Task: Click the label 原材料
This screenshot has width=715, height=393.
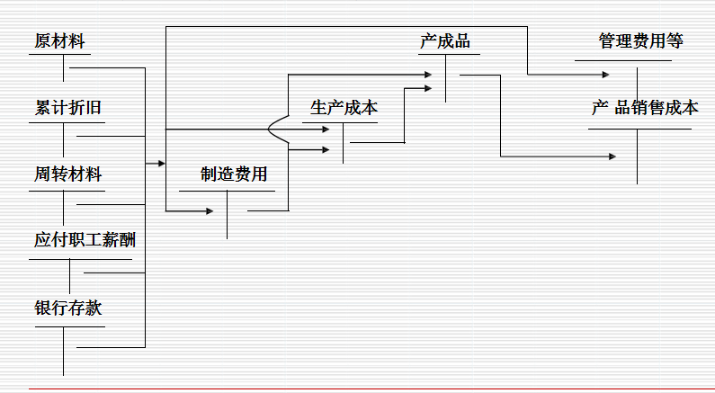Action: point(61,41)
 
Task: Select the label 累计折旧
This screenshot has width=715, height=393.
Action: point(67,109)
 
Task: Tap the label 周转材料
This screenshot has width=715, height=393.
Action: point(67,174)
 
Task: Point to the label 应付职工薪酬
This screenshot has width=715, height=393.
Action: point(85,240)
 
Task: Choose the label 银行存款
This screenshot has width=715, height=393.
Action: point(67,308)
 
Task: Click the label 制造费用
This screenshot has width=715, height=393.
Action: point(234,174)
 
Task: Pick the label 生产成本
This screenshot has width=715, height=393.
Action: point(344,108)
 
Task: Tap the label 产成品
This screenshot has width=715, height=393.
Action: point(444,41)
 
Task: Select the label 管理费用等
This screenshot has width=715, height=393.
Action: point(640,41)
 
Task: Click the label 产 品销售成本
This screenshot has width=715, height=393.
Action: point(644,108)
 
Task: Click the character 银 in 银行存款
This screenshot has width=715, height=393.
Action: point(42,308)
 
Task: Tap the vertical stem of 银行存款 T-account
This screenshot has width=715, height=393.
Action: point(64,351)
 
